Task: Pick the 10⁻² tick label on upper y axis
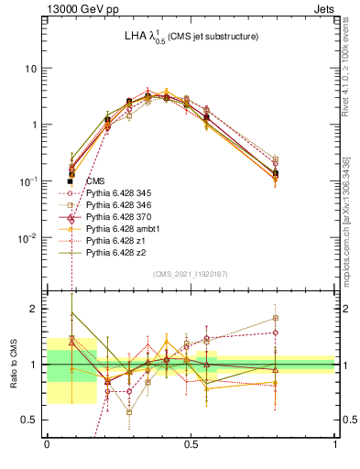click(30, 238)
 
